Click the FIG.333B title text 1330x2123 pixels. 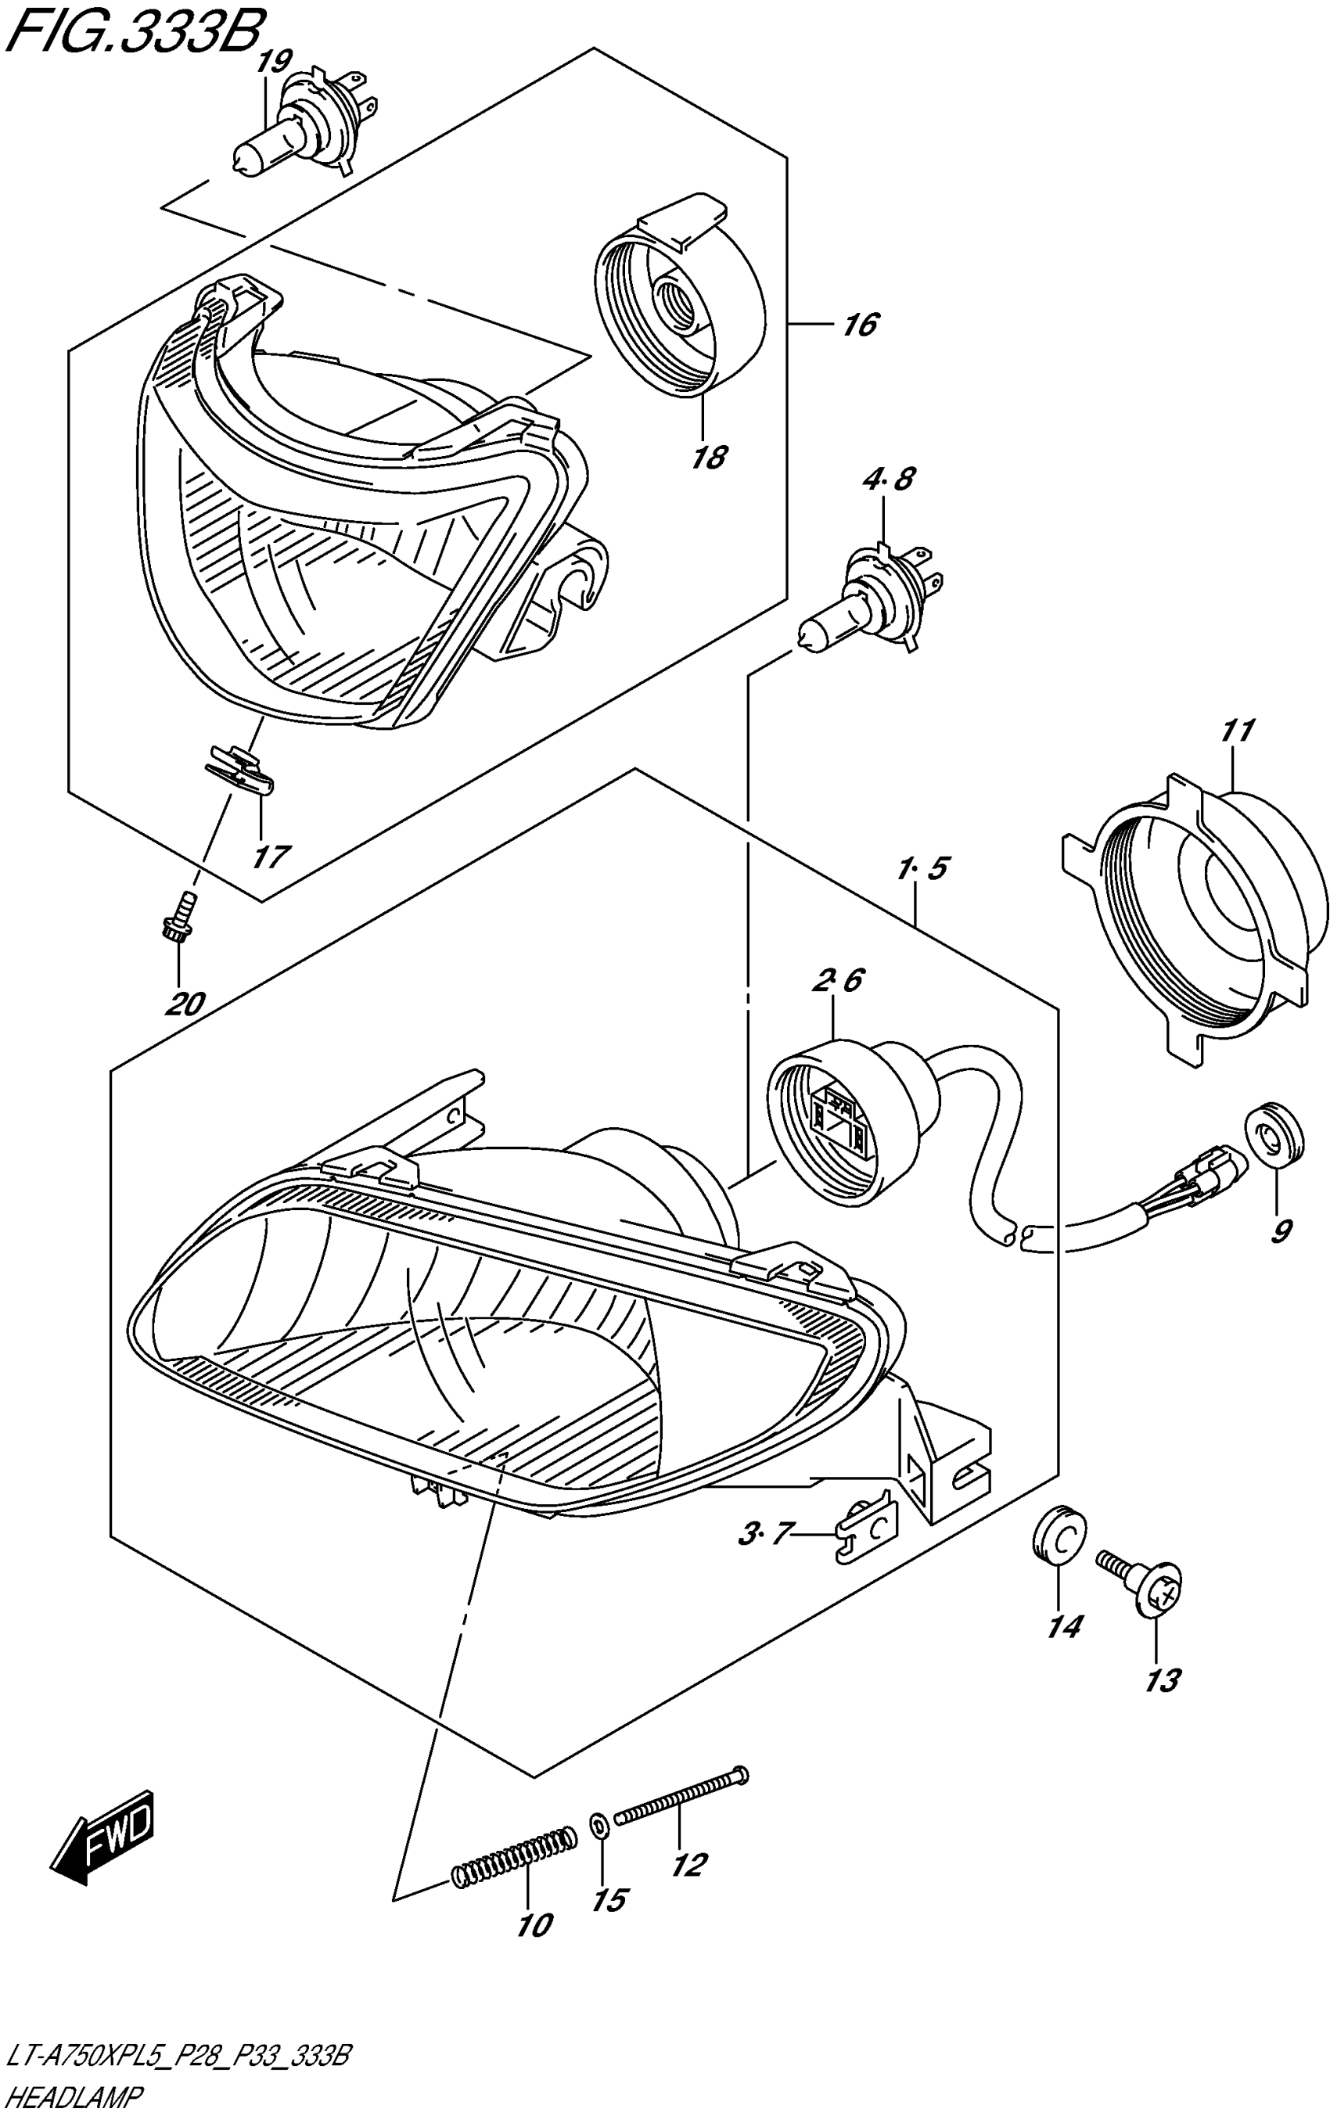pyautogui.click(x=132, y=37)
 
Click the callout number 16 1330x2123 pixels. pyautogui.click(x=859, y=325)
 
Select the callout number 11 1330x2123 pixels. pyautogui.click(x=1236, y=731)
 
